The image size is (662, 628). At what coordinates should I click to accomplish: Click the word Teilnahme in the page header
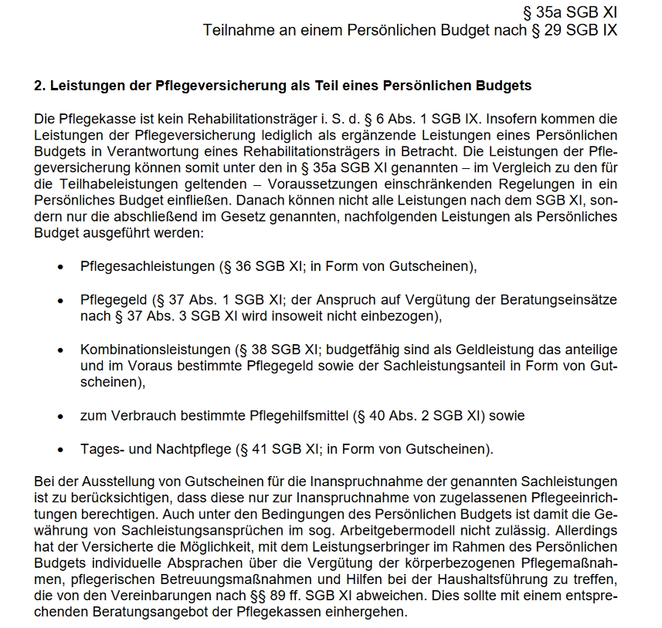[234, 30]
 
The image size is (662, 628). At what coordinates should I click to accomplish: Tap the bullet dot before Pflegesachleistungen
[60, 267]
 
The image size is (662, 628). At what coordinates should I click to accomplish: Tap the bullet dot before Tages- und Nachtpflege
[60, 449]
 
